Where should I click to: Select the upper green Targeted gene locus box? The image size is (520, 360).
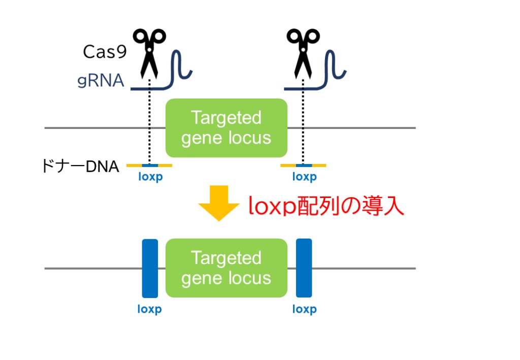[226, 128]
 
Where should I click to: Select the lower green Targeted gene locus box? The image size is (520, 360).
[226, 268]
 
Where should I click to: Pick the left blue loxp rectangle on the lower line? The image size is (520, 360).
[150, 268]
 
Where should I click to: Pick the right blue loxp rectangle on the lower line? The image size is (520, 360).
[304, 268]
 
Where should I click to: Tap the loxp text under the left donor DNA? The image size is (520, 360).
[150, 177]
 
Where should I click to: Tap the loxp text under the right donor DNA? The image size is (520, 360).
[304, 177]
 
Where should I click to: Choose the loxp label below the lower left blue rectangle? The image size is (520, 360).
[150, 309]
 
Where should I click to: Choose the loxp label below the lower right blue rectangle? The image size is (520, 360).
[304, 309]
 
